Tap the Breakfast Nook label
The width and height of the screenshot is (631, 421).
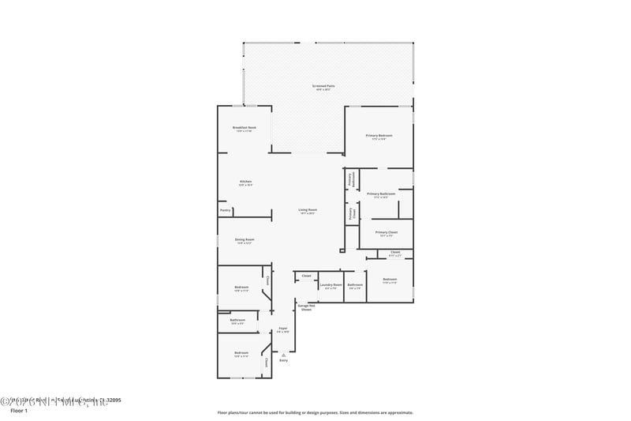[245, 129]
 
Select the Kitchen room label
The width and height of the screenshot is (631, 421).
[245, 182]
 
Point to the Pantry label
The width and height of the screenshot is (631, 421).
[225, 210]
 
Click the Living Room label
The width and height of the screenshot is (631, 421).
[307, 211]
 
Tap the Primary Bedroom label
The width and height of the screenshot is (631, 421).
[379, 137]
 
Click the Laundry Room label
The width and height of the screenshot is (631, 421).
[330, 285]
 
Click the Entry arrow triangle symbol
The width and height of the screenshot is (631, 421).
[283, 355]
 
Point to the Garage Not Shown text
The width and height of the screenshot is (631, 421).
[306, 307]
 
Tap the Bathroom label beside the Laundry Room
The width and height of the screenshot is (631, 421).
[355, 285]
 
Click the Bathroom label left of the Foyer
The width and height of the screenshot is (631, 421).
[237, 321]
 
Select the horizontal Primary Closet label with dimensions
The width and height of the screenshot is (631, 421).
[386, 233]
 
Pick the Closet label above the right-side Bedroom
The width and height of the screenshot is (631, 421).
[395, 254]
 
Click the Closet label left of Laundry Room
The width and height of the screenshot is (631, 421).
[306, 276]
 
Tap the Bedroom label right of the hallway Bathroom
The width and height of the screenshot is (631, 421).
[390, 280]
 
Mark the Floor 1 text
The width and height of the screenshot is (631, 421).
[18, 411]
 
